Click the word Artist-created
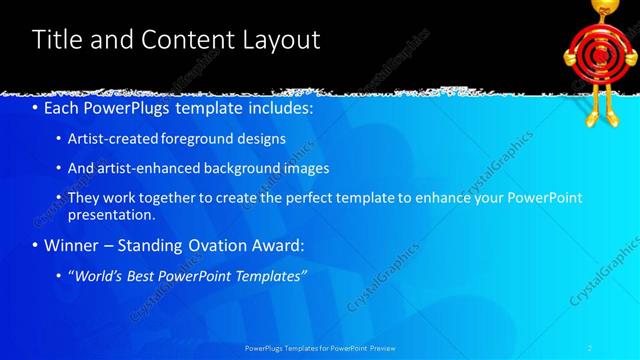[113, 139]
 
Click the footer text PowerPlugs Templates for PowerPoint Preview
[320, 348]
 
